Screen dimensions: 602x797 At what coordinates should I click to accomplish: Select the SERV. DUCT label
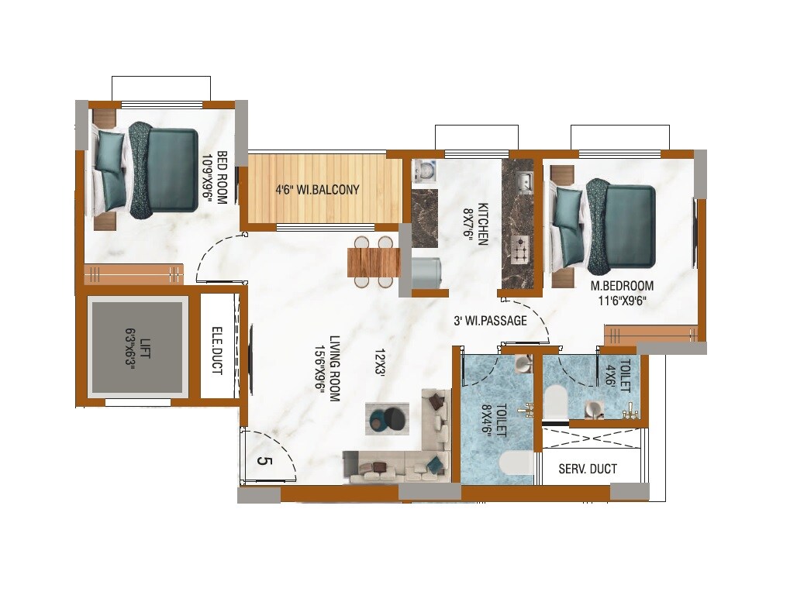click(588, 469)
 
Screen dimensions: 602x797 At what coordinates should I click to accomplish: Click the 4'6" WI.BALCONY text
click(318, 189)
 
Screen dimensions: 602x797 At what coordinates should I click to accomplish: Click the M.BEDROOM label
click(622, 285)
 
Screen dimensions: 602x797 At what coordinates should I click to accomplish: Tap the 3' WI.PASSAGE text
click(490, 320)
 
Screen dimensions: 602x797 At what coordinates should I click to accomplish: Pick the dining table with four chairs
click(374, 261)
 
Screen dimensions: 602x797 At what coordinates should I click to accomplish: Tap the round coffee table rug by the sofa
click(387, 418)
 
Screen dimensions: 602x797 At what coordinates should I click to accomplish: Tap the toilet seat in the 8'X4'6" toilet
click(516, 463)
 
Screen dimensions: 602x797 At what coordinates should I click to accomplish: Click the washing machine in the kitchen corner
click(424, 170)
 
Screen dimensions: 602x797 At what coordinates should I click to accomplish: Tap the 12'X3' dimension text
click(380, 362)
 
